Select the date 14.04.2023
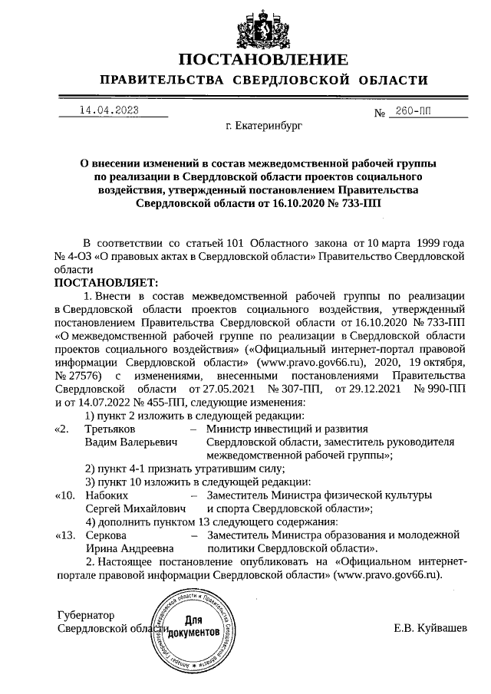pyautogui.click(x=108, y=110)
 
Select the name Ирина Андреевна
pyautogui.click(x=129, y=549)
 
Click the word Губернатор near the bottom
pyautogui.click(x=86, y=615)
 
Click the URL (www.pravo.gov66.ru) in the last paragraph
pyautogui.click(x=387, y=576)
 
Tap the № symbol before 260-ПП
pyautogui.click(x=378, y=113)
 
